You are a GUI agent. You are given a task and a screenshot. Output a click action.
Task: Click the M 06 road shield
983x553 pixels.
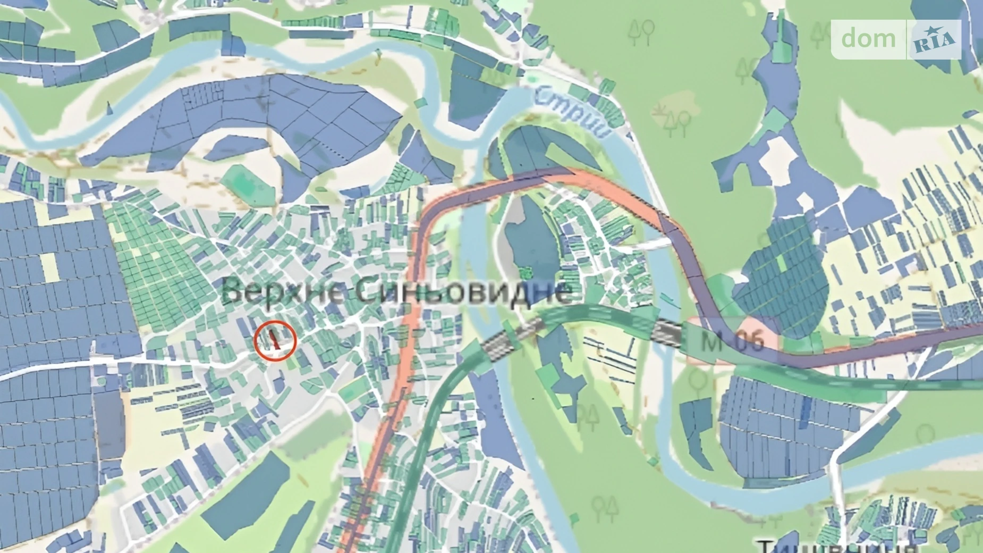(x=733, y=341)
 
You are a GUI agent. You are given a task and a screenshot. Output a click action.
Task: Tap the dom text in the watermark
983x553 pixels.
(x=868, y=39)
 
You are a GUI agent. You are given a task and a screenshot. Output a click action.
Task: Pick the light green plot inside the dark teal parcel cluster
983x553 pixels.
(x=781, y=266)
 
